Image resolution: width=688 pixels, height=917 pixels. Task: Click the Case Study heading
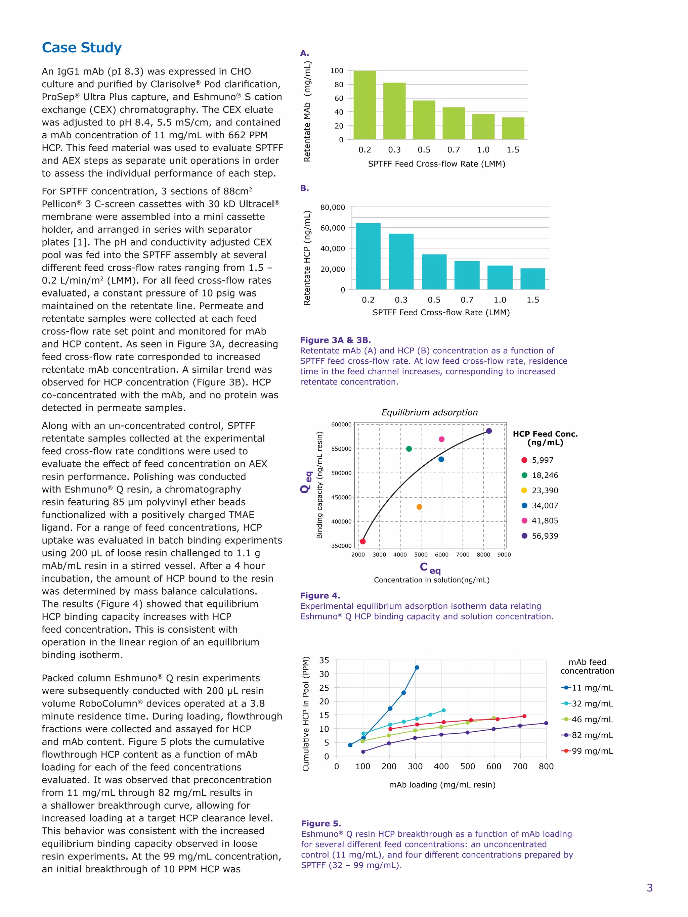(x=82, y=48)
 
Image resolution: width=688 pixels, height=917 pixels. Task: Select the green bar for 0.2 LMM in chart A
(x=364, y=105)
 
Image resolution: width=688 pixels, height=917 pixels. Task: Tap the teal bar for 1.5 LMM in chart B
(x=532, y=279)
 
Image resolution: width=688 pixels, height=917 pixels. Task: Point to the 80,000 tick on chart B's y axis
(x=333, y=207)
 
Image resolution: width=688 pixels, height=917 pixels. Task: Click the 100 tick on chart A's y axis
(x=337, y=71)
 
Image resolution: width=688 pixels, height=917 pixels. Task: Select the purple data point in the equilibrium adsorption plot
(x=489, y=431)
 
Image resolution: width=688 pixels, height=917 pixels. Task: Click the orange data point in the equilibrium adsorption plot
(x=419, y=507)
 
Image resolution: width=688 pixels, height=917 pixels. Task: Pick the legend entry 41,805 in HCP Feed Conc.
(x=545, y=521)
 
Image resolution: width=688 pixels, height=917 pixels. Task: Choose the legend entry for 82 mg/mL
(x=587, y=735)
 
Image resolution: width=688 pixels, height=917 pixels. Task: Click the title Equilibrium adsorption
(x=429, y=412)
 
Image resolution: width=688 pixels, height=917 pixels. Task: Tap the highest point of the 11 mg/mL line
(x=417, y=668)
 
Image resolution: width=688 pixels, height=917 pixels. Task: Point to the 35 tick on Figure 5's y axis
(x=324, y=660)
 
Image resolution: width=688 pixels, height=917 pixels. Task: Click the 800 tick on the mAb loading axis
(x=546, y=767)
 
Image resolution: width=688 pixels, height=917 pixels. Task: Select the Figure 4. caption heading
(x=320, y=596)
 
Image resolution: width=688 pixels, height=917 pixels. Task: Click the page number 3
(x=649, y=887)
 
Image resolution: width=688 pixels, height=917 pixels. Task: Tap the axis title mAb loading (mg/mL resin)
(x=442, y=785)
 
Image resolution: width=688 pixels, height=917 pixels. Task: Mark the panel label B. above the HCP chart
(x=304, y=188)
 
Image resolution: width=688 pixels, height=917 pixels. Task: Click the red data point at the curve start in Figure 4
(x=362, y=541)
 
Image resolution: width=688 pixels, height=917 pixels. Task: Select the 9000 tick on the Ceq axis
(x=504, y=555)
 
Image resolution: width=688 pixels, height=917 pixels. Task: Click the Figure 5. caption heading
(x=320, y=823)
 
